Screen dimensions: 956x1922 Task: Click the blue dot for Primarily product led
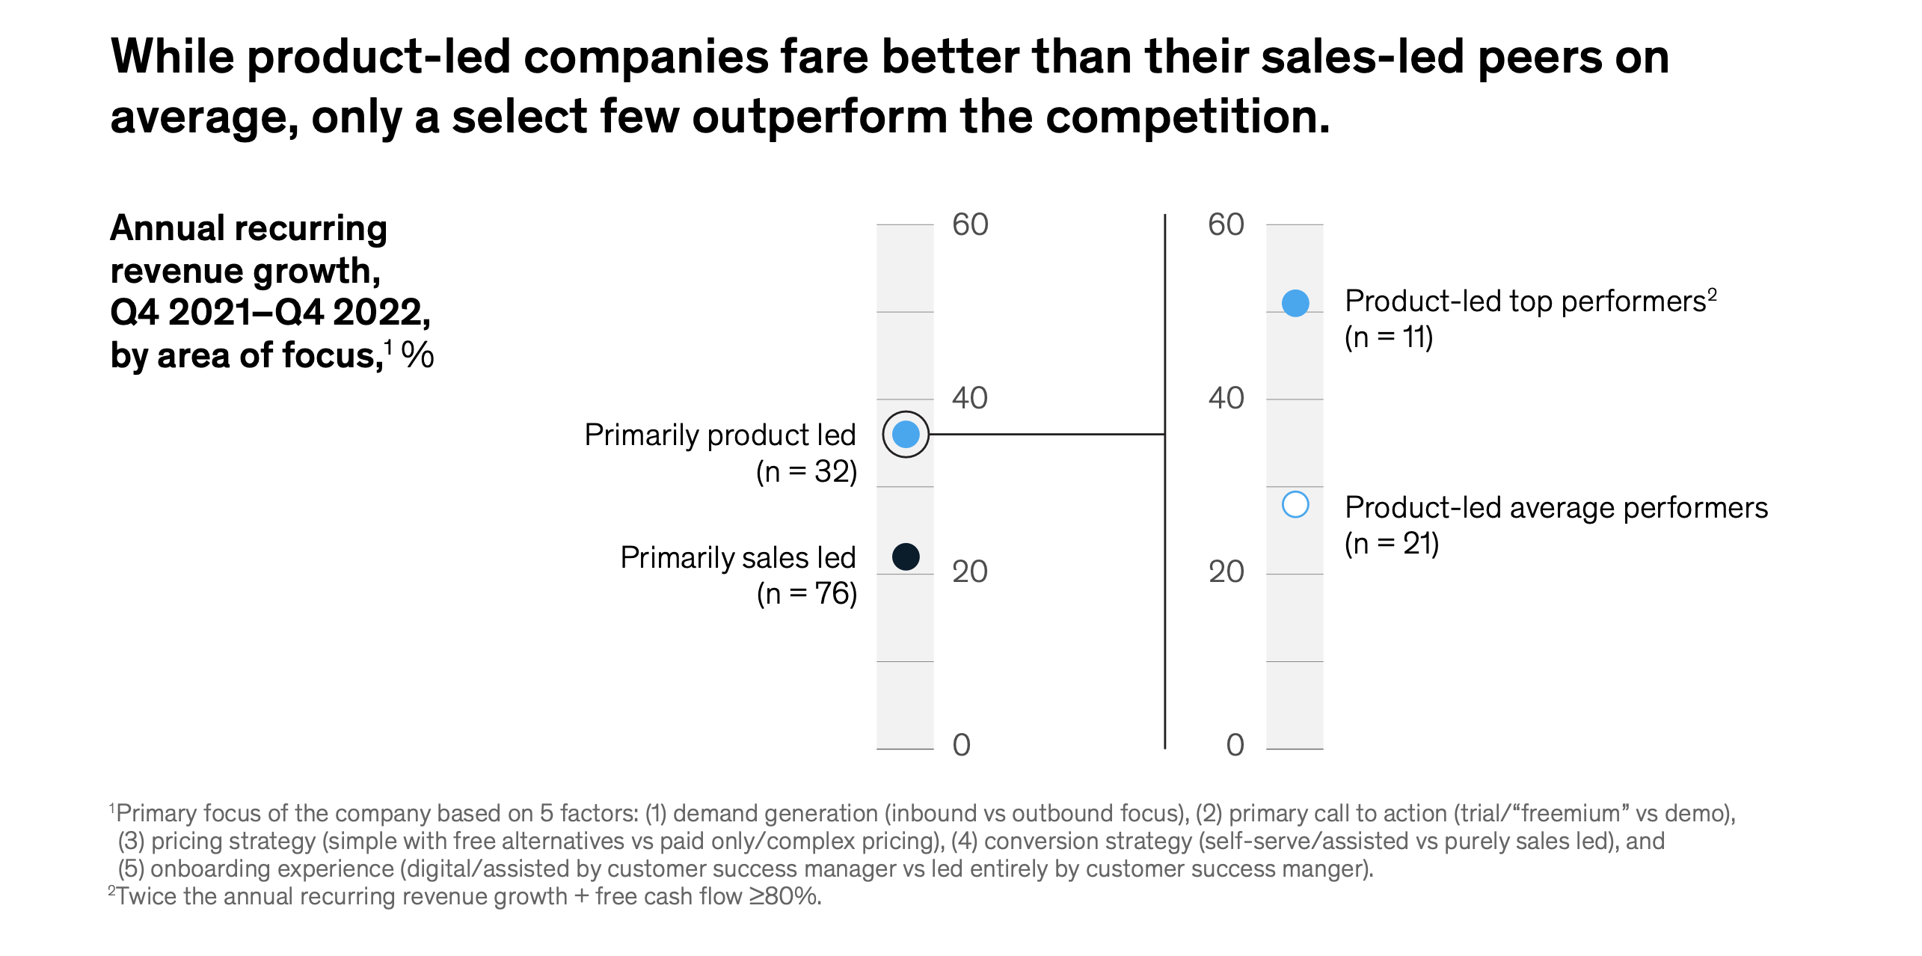pos(906,434)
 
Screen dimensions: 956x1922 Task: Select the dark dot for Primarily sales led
pos(906,557)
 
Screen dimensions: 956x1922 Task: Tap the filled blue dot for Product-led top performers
pos(1295,303)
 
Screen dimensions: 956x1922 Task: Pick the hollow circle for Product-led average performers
pos(1295,505)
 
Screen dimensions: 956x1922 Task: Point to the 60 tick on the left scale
pos(970,224)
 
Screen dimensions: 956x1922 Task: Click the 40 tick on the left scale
pos(970,398)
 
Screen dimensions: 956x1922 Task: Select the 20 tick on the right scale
pos(1226,572)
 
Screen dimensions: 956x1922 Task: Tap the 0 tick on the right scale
pos(1235,745)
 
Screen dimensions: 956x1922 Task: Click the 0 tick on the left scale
pos(962,745)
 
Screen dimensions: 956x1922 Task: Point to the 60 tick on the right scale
pos(1226,224)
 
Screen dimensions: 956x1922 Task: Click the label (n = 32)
pos(806,472)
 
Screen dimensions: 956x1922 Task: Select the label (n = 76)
pos(806,594)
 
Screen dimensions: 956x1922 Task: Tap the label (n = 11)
pos(1389,337)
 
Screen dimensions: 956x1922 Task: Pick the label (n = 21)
pos(1392,544)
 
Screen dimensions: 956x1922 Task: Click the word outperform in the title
pos(819,117)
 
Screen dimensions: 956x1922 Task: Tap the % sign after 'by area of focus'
pos(417,355)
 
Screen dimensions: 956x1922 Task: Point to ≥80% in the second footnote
pos(785,896)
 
